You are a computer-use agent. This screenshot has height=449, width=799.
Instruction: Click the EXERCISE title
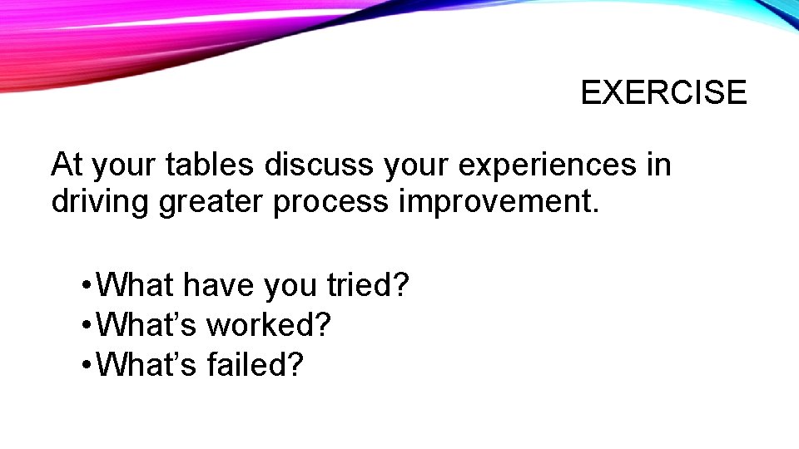tap(663, 92)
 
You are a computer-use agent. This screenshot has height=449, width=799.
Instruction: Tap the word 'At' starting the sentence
tap(67, 165)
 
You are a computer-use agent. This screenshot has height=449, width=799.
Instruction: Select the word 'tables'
tap(210, 165)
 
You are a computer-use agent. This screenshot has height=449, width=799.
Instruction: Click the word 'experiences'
tap(543, 166)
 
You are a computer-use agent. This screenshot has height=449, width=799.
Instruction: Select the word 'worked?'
tap(269, 325)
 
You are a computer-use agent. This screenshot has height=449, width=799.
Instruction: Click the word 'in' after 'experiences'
tap(658, 165)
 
